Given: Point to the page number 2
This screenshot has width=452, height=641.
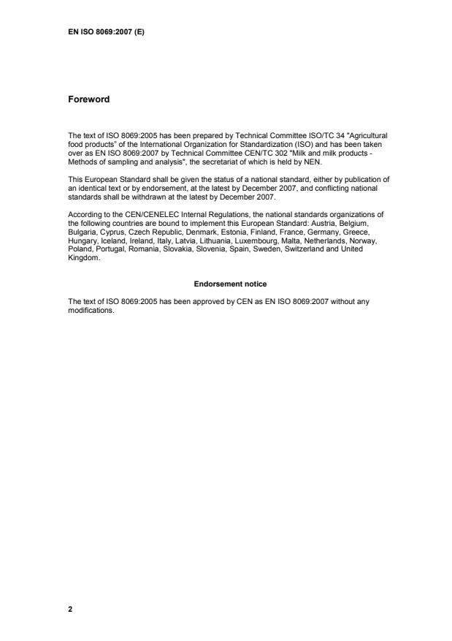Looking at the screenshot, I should pos(70,608).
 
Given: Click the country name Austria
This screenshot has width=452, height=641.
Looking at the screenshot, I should pos(338,222).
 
